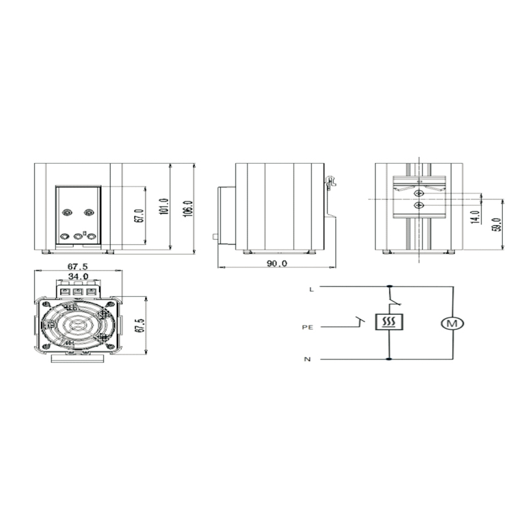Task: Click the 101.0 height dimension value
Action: click(164, 207)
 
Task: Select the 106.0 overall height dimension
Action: click(188, 209)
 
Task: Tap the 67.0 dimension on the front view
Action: click(139, 216)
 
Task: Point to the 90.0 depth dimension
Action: click(277, 263)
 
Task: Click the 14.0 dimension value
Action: click(475, 217)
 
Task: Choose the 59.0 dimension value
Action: click(497, 224)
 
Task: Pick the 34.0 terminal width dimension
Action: click(78, 277)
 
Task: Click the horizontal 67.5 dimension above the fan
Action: click(77, 267)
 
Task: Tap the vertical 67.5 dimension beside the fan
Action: click(140, 325)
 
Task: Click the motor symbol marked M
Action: click(452, 323)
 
